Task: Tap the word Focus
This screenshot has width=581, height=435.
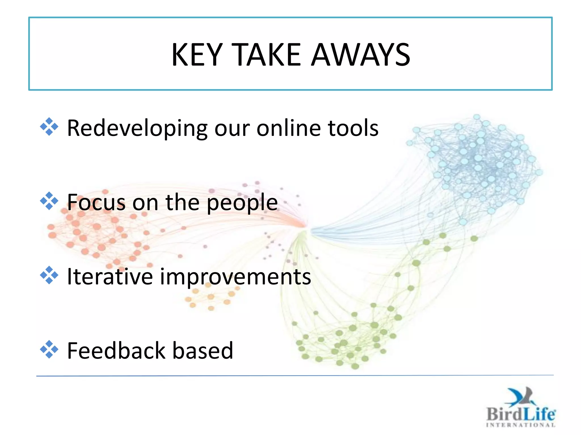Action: (96, 202)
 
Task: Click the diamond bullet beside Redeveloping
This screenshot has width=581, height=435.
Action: (49, 127)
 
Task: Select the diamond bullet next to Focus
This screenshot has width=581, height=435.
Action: (49, 201)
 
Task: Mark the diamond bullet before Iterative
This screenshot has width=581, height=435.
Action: (49, 275)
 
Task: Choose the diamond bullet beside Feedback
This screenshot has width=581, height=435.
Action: (49, 349)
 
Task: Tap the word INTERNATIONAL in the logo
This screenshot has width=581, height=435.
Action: (520, 425)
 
